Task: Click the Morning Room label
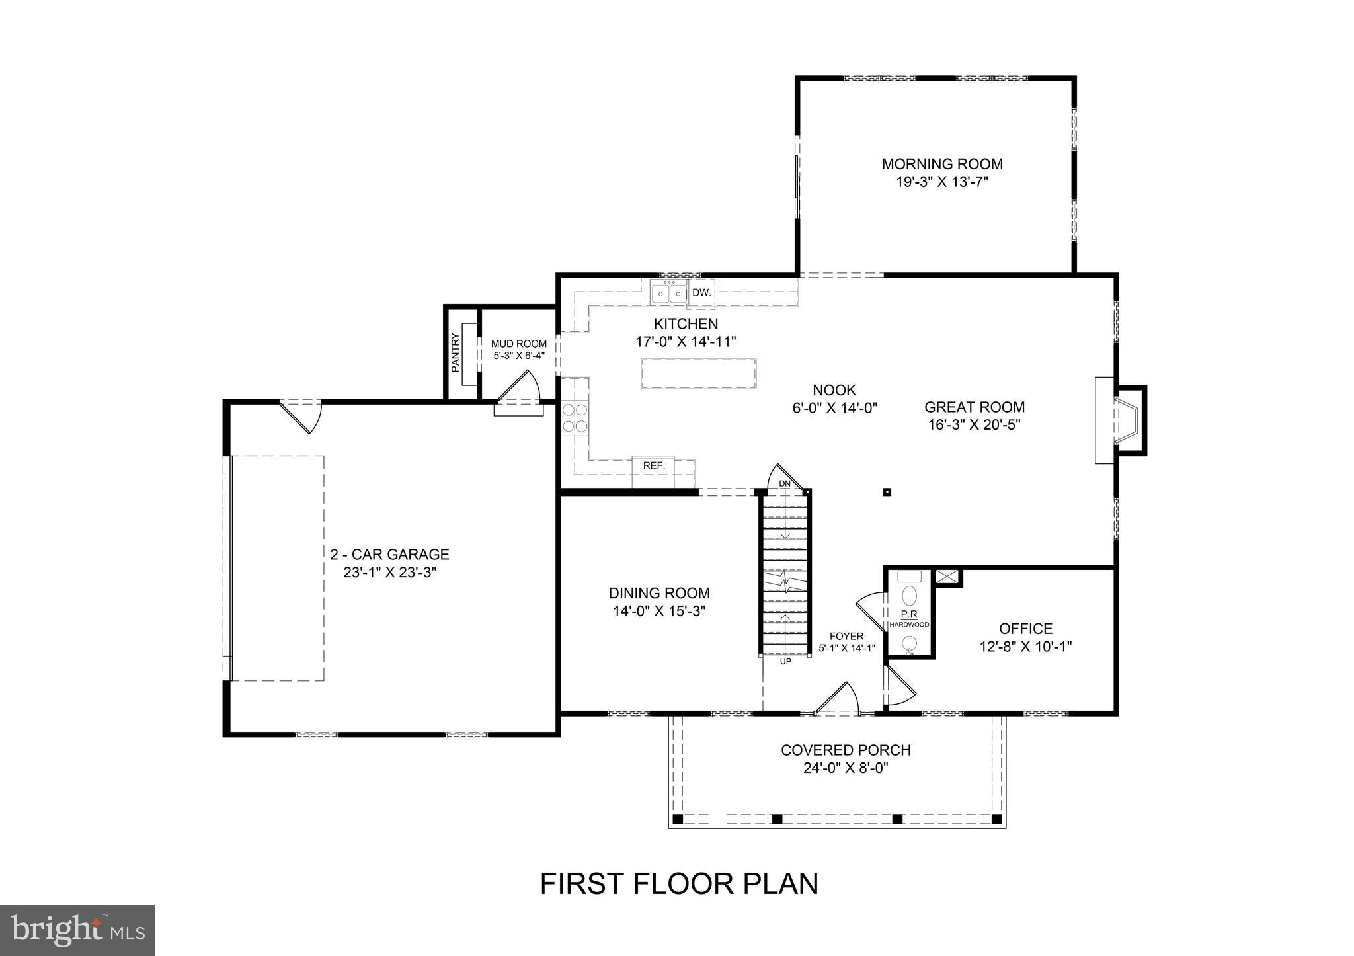pos(941,163)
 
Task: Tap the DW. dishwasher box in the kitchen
pos(701,293)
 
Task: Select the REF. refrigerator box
pos(653,465)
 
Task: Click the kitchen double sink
pos(668,293)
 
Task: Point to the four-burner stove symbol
pos(575,418)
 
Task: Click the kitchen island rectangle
pos(698,374)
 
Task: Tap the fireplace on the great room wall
pos(1120,420)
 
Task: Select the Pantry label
pos(455,353)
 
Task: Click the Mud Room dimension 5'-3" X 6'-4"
pos(519,356)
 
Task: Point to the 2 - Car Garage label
pos(389,554)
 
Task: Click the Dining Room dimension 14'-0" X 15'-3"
pos(659,611)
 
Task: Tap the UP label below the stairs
pos(785,661)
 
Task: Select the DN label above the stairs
pos(785,484)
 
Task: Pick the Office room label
pos(1025,628)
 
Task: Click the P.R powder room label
pos(908,614)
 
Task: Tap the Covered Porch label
pos(846,750)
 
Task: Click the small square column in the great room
pos(887,491)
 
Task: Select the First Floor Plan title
pos(679,883)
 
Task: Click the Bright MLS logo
pos(77,930)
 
